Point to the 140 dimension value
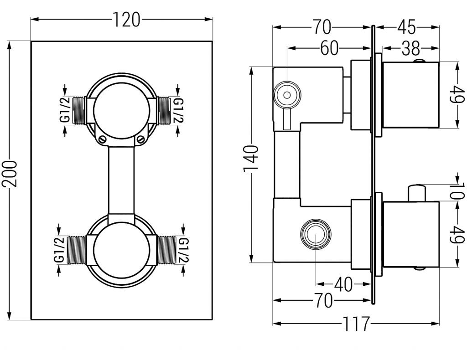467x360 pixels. pos(251,157)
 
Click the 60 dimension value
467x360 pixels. pos(330,48)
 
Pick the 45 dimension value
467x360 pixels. pos(406,27)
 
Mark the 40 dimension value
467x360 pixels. pos(343,285)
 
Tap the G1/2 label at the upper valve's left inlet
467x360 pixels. pos(65,109)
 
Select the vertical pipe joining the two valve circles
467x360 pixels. pos(122,180)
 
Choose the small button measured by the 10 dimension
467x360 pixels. pos(417,192)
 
